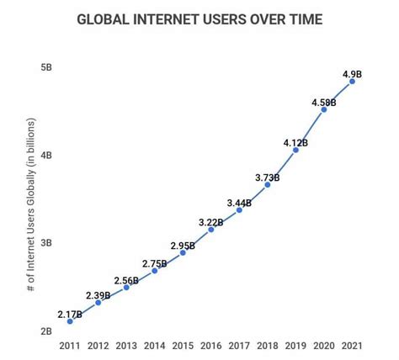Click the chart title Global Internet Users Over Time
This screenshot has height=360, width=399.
click(x=200, y=19)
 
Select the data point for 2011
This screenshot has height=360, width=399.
click(x=70, y=321)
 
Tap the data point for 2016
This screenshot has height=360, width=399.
click(x=211, y=230)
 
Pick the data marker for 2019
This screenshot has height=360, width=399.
click(x=295, y=150)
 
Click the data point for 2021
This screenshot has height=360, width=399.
click(x=352, y=82)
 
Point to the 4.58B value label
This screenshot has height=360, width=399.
click(x=323, y=103)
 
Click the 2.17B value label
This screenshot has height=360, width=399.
click(x=70, y=314)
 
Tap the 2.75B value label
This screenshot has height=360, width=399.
click(x=154, y=263)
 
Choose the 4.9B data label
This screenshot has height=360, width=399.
click(x=353, y=74)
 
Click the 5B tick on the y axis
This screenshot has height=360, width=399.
click(x=47, y=67)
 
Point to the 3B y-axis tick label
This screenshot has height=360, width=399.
click(x=47, y=243)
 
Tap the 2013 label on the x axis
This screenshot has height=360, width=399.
click(x=126, y=346)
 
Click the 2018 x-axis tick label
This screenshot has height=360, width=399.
click(x=267, y=346)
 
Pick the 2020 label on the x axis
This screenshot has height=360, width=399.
click(x=323, y=346)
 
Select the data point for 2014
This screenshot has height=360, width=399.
click(x=155, y=271)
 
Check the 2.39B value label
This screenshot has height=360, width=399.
click(x=98, y=295)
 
